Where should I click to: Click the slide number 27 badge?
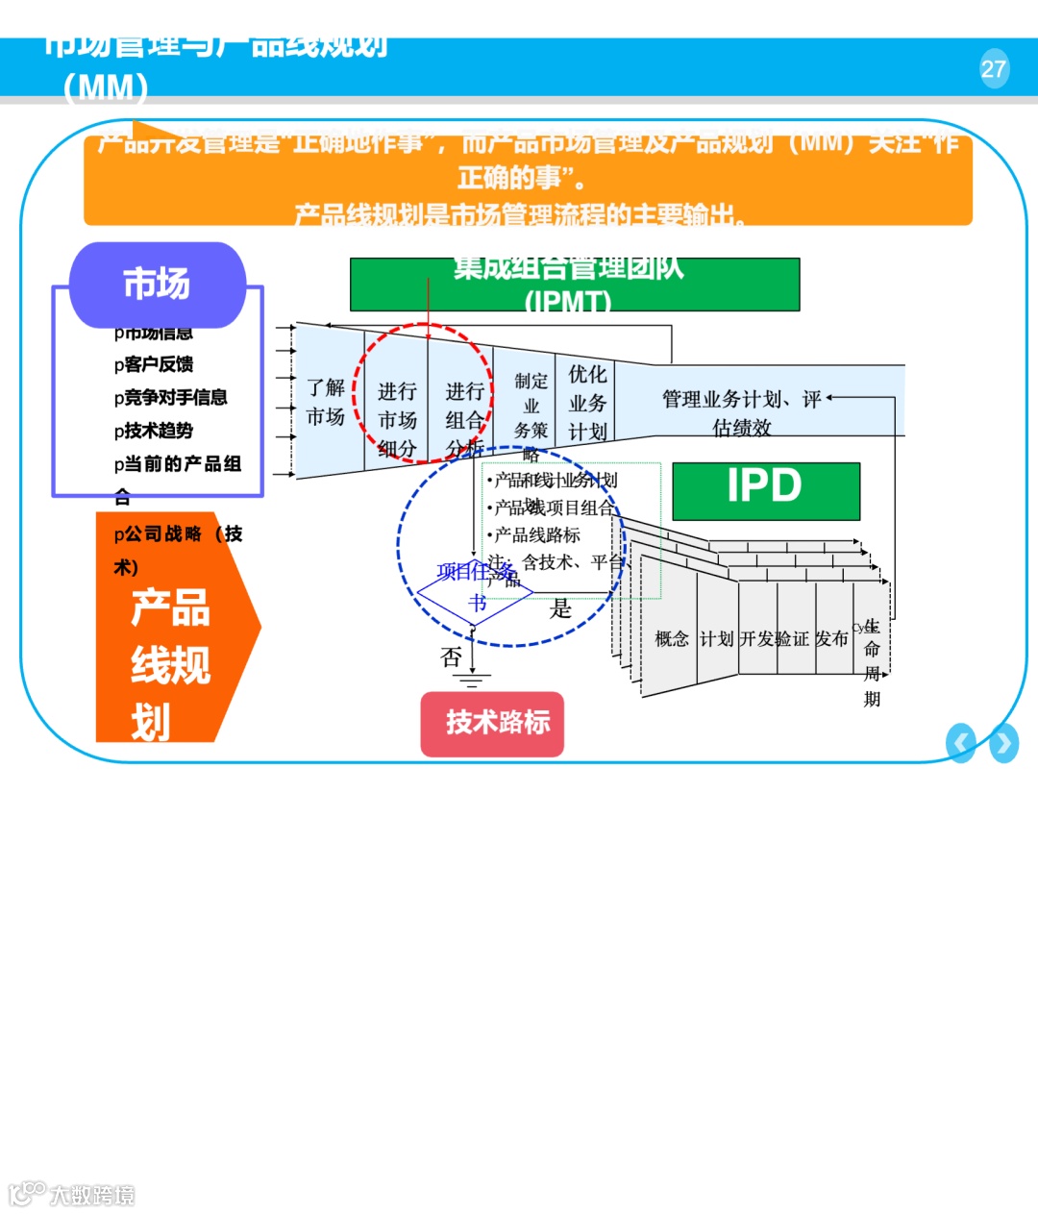click(x=994, y=69)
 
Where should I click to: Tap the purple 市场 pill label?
click(x=157, y=285)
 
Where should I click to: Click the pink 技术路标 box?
click(x=492, y=723)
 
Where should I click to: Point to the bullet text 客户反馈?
click(x=155, y=364)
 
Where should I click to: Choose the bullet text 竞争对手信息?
click(x=171, y=397)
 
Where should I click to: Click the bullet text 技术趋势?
click(x=155, y=431)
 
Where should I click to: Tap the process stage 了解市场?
click(x=326, y=402)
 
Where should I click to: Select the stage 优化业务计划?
click(x=587, y=403)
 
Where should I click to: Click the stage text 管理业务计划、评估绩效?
click(x=741, y=412)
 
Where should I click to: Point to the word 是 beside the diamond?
click(x=560, y=608)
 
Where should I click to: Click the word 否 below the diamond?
click(x=451, y=657)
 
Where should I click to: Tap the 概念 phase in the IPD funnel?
click(x=671, y=639)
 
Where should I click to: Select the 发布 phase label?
click(x=831, y=639)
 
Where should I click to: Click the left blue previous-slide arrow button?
click(x=960, y=743)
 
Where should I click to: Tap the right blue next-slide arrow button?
click(x=1003, y=743)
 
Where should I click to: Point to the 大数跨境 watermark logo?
click(x=72, y=1195)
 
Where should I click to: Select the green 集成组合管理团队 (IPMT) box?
click(x=574, y=285)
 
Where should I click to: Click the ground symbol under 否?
click(x=471, y=681)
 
